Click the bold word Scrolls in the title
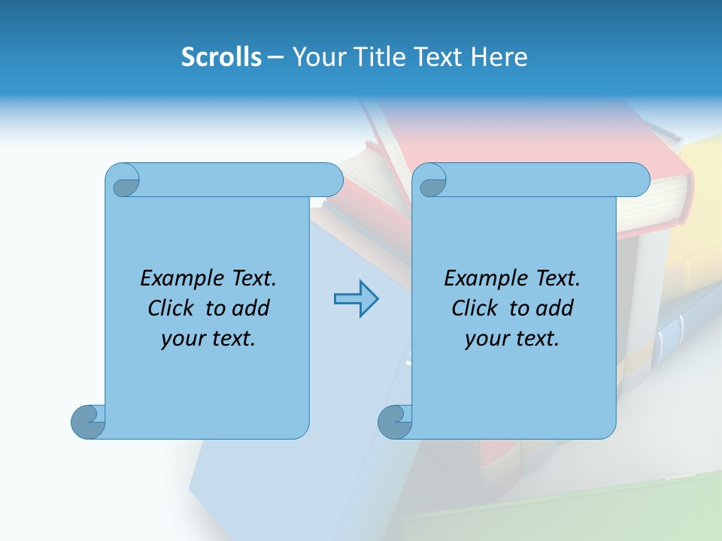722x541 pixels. pyautogui.click(x=221, y=57)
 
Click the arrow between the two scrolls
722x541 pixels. pyautogui.click(x=356, y=299)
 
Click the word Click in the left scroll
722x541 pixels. pyautogui.click(x=171, y=309)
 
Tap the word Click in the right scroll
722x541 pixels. pyautogui.click(x=475, y=309)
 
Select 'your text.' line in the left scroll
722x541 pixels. pyautogui.click(x=208, y=339)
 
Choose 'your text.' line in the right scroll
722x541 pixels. pyautogui.click(x=512, y=339)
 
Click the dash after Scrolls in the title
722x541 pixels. pyautogui.click(x=275, y=57)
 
